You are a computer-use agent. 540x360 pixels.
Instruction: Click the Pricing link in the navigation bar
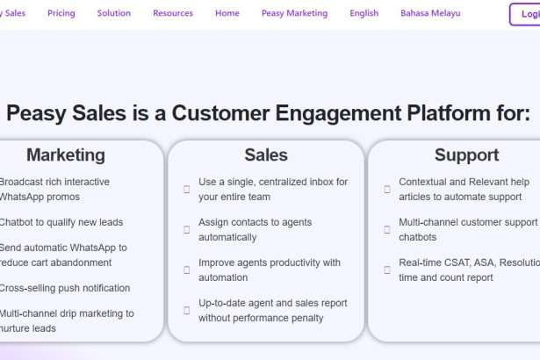click(61, 13)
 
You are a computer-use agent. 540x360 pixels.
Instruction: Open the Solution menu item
click(114, 13)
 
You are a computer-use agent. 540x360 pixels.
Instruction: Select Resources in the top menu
click(173, 13)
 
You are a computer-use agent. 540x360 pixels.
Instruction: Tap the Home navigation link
click(227, 13)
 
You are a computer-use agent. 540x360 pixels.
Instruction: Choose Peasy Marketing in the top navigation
click(294, 13)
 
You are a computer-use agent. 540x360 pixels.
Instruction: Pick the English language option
click(364, 13)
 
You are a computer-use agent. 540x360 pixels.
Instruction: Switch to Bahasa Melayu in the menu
click(430, 13)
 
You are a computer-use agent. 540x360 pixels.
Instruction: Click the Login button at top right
click(528, 14)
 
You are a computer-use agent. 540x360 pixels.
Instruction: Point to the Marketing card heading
click(65, 155)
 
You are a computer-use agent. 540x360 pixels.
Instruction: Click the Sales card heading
click(266, 155)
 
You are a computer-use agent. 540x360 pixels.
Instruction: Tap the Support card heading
click(466, 155)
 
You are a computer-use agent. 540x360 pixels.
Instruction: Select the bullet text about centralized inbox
click(273, 189)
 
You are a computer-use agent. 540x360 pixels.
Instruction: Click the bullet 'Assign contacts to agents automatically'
click(255, 229)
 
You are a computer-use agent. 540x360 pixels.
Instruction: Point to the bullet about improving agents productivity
click(270, 270)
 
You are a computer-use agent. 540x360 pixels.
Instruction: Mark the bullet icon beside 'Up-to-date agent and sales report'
click(187, 310)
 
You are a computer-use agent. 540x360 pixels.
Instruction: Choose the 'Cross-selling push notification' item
click(63, 288)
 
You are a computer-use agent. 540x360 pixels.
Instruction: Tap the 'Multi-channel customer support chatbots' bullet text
click(467, 229)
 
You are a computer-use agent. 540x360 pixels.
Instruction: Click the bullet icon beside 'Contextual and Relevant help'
click(387, 189)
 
